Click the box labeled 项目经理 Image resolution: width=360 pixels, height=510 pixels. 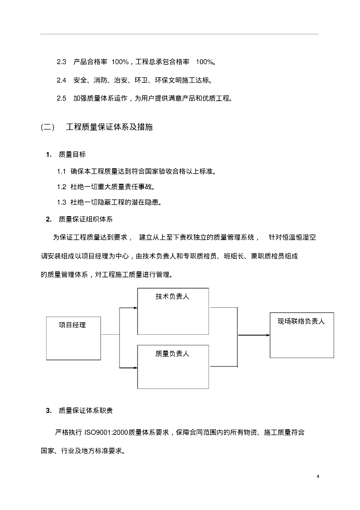73,338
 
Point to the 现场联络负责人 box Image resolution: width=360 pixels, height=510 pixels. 302,335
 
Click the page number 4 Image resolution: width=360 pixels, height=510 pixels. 318,476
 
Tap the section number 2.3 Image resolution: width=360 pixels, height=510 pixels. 62,62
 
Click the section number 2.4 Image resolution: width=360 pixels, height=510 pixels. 62,80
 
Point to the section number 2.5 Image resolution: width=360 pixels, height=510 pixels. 62,99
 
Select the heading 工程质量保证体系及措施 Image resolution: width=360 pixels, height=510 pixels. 110,127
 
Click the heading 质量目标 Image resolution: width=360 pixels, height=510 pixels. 72,154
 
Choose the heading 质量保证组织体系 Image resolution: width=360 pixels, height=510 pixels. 86,219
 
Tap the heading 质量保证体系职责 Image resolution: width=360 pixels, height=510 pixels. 86,410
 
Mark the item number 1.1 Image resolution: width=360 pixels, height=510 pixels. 62,172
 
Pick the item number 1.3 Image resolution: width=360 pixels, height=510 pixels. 62,202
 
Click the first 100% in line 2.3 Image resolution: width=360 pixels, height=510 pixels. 120,62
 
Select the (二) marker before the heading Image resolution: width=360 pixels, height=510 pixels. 48,127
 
